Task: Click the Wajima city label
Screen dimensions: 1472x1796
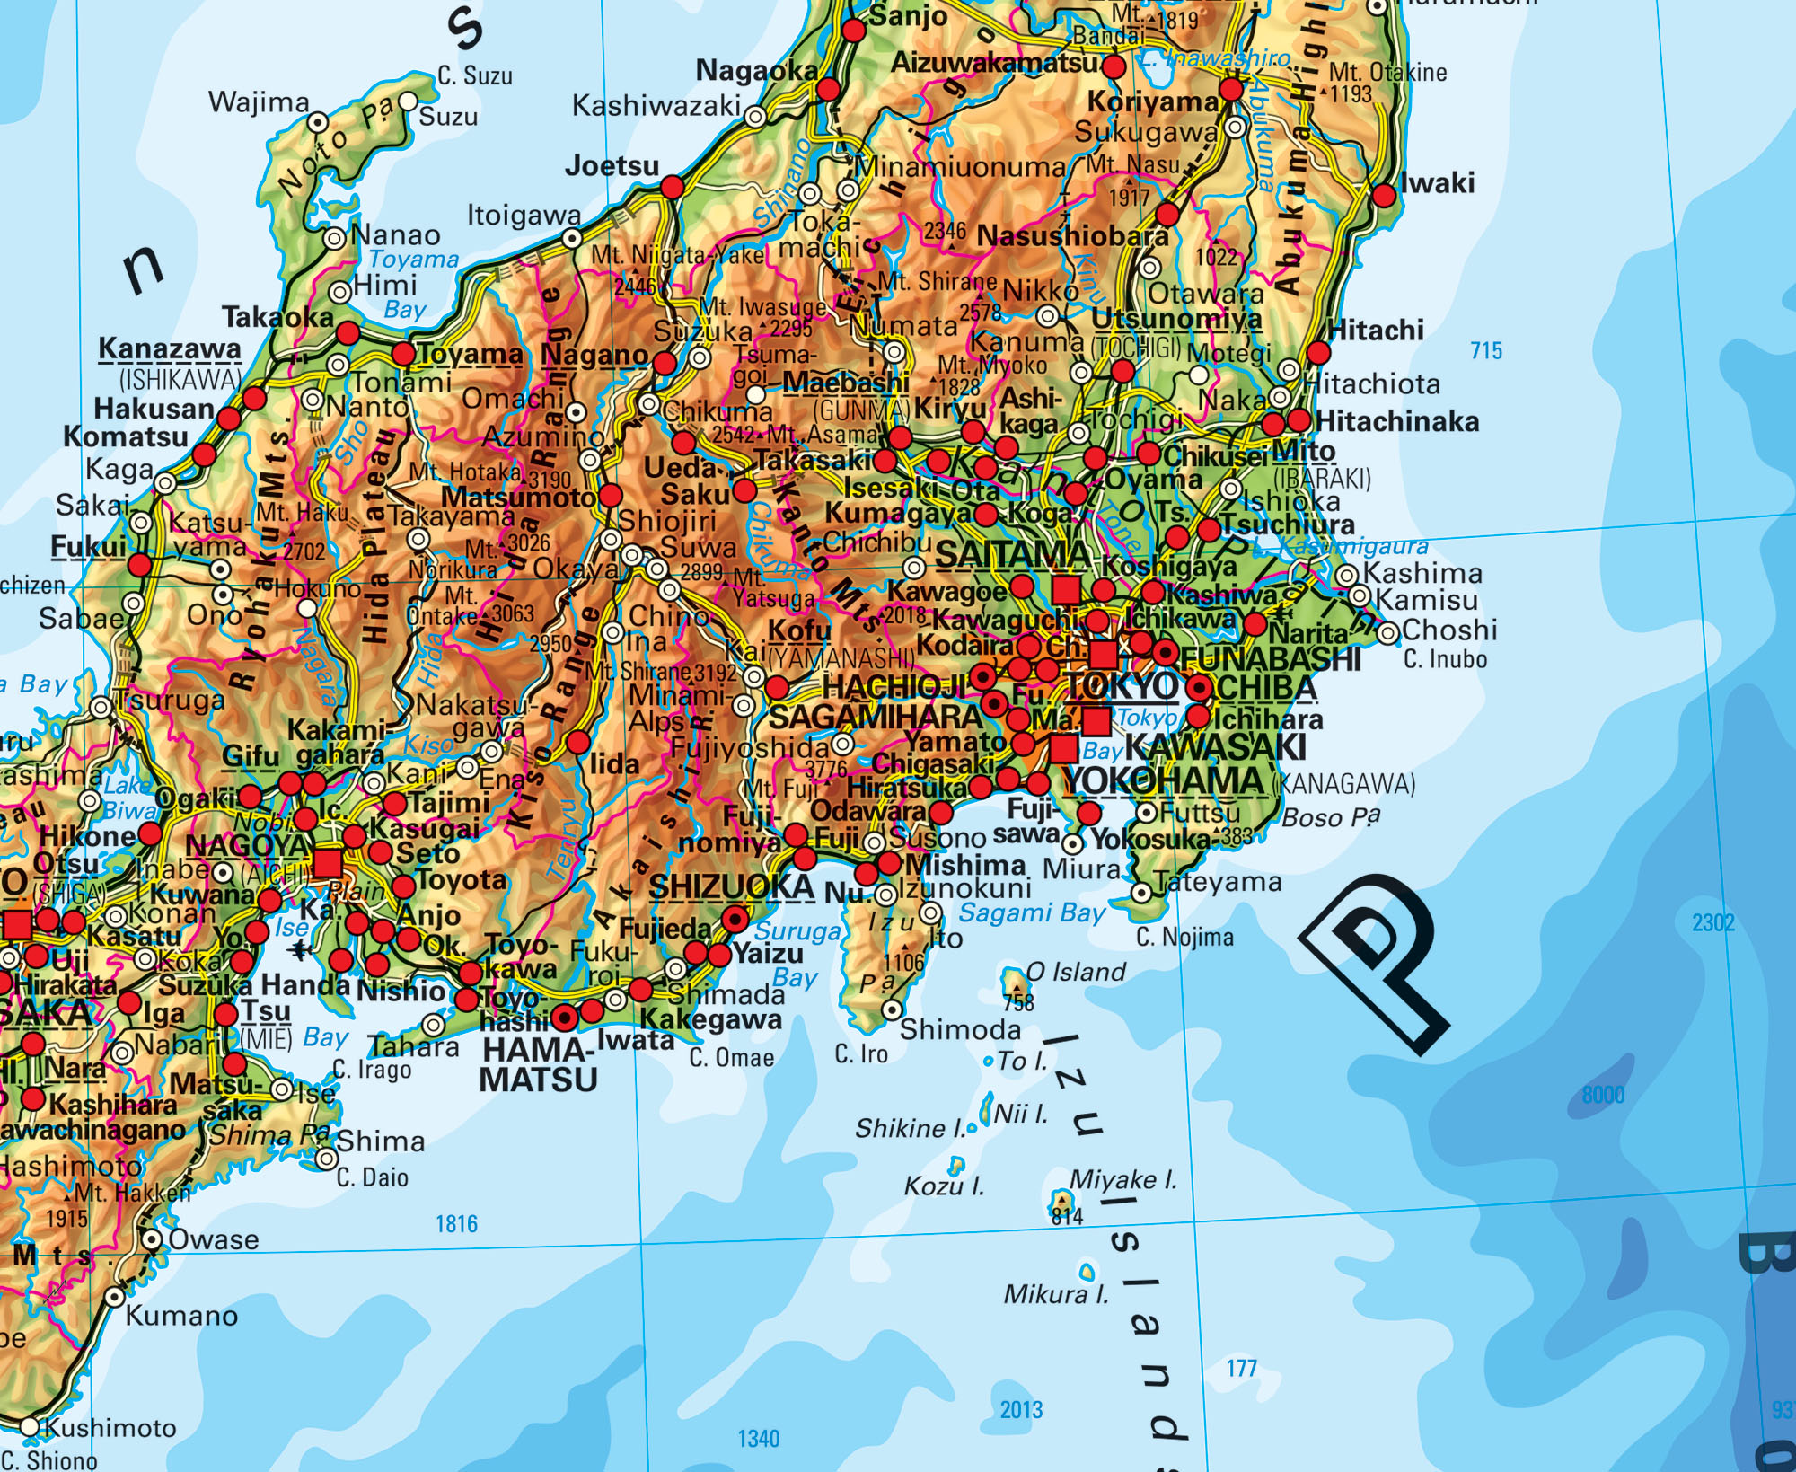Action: [259, 102]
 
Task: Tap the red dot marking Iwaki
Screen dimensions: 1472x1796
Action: [1386, 197]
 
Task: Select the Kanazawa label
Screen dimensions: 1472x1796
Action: [170, 348]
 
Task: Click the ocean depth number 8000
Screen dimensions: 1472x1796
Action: [1603, 1095]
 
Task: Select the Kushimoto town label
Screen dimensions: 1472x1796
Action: [110, 1427]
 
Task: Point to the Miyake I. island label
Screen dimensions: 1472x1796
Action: [1122, 1179]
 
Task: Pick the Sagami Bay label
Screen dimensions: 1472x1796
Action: [1033, 913]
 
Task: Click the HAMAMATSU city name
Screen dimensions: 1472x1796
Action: [538, 1065]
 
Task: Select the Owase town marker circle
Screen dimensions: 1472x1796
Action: [153, 1240]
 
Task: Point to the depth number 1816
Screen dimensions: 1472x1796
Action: [456, 1223]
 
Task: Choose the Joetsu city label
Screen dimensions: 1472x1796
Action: [612, 166]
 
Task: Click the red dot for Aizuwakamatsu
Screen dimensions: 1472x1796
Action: [1114, 66]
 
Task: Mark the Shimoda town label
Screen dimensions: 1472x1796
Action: [960, 1030]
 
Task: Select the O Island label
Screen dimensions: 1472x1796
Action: [1075, 972]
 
